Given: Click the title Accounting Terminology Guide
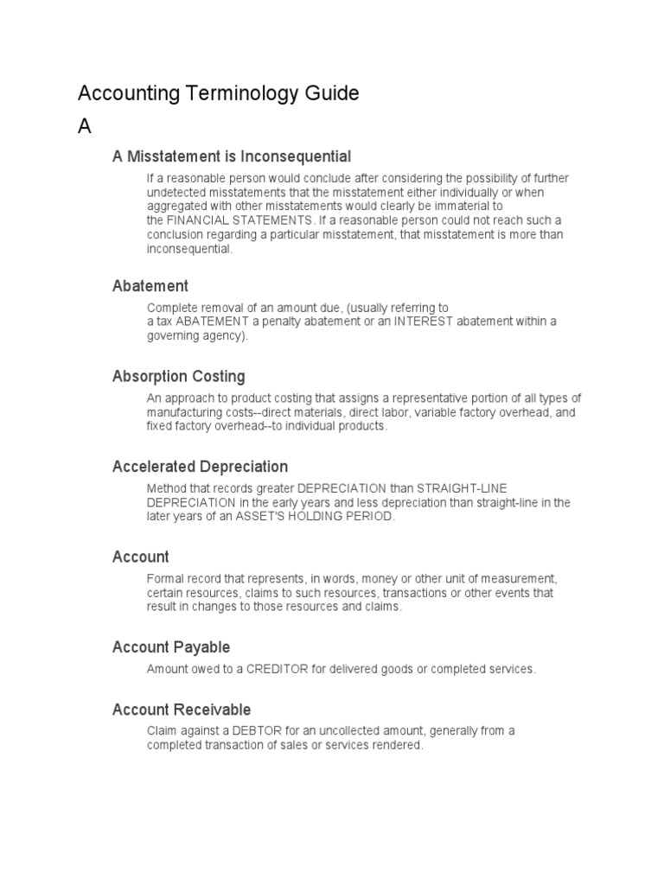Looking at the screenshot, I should (x=218, y=93).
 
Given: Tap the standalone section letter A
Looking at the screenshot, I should (x=85, y=126).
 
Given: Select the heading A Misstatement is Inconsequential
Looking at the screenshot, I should (x=232, y=156).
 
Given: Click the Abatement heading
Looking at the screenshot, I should (x=150, y=285).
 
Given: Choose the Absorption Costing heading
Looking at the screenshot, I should (x=179, y=376).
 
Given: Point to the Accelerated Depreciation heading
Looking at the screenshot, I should (x=200, y=467).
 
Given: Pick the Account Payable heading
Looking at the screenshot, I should (x=171, y=647).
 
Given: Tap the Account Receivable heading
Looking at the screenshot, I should (x=182, y=710).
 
